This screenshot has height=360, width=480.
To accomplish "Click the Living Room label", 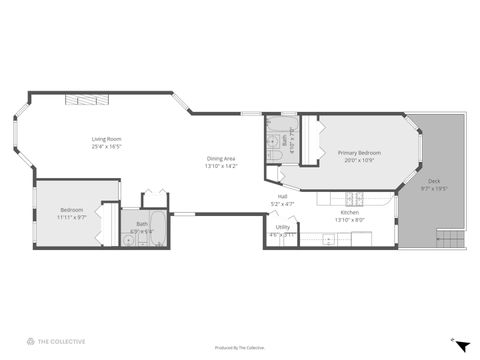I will click(x=106, y=139).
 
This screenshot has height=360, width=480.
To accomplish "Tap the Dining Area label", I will click(x=221, y=159).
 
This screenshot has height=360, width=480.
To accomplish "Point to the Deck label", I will click(x=434, y=180).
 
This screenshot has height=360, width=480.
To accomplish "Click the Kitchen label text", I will click(x=350, y=212).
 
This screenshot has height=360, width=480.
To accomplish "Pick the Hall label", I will click(x=283, y=197).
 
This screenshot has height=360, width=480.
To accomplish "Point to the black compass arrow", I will click(x=462, y=345).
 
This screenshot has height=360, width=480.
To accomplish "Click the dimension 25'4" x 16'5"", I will click(x=106, y=146).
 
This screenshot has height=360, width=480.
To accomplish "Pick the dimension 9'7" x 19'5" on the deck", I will click(x=434, y=187).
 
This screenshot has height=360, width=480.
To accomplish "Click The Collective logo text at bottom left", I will click(x=62, y=341).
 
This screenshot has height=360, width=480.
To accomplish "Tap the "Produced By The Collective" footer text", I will click(x=240, y=347).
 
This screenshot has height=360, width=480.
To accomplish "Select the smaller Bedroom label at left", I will click(x=72, y=209).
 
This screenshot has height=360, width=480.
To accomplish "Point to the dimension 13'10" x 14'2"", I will click(x=221, y=166).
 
